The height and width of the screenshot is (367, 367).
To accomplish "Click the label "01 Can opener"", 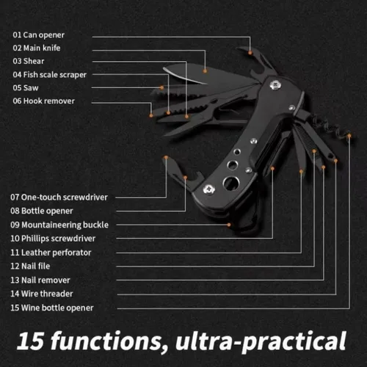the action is click(39, 35).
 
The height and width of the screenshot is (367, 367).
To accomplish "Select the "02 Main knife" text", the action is click(37, 48).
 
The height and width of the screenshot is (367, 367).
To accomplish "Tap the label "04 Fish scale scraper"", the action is click(50, 75).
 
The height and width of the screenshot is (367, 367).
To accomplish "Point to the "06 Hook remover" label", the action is click(43, 101).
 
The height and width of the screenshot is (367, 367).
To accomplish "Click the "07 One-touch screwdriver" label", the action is click(59, 197).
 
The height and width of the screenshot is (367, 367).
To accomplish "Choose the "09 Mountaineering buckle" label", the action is click(59, 225).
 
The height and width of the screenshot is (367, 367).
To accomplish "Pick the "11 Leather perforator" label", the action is click(51, 252).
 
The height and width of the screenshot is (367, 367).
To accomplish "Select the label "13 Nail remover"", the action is click(40, 280).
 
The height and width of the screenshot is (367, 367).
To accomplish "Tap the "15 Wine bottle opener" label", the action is click(52, 308).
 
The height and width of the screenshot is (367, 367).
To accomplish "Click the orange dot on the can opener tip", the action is click(250, 53).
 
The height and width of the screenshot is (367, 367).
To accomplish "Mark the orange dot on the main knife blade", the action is click(205, 71).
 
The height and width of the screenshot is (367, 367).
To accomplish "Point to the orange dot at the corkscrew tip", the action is click(349, 135).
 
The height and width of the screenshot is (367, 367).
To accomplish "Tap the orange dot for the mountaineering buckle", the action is click(229, 225).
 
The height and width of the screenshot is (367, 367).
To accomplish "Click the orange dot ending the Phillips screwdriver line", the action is click(272, 168).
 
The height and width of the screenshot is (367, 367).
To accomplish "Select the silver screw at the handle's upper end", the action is click(275, 85).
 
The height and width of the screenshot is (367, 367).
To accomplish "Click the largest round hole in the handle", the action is click(231, 183).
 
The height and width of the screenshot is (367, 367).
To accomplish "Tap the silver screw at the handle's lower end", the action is click(209, 189).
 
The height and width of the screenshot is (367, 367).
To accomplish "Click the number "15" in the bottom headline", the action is click(31, 341).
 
